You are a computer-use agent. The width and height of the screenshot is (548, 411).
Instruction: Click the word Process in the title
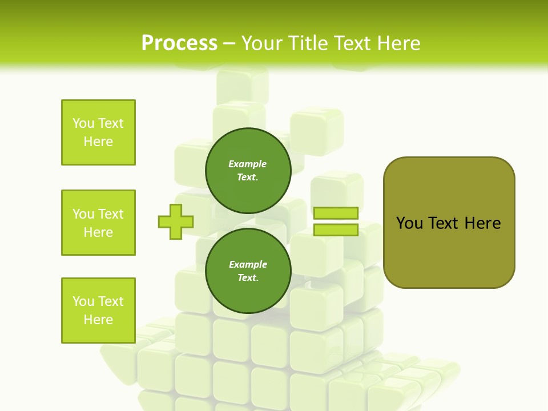(179, 43)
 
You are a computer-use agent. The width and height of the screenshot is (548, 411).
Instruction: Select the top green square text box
(98, 132)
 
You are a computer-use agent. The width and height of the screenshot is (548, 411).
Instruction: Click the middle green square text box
(98, 223)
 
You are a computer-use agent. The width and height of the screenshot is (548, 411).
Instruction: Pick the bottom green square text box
(98, 311)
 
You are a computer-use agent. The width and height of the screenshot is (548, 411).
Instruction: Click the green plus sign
(176, 221)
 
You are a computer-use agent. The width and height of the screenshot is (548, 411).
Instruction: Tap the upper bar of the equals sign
(336, 213)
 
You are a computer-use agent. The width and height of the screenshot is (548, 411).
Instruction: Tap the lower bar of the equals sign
(336, 229)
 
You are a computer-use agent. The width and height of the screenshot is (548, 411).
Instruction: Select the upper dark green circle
(248, 170)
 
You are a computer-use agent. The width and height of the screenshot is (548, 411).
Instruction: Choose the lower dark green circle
(248, 271)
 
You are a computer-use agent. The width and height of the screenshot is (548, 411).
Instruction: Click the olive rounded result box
(449, 223)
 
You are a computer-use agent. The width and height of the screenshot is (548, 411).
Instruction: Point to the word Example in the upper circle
(248, 164)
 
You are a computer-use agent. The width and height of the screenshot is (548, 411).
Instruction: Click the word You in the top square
(83, 123)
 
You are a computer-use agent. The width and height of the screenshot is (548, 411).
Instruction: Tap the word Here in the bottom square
(98, 320)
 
